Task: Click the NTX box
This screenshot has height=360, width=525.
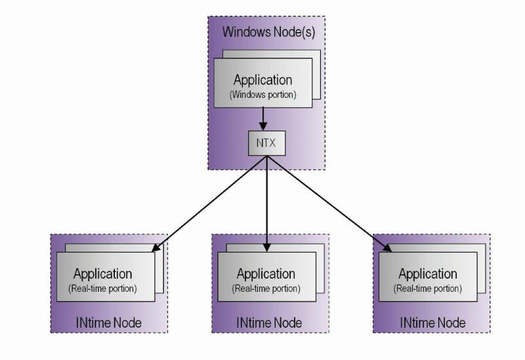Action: pyautogui.click(x=266, y=142)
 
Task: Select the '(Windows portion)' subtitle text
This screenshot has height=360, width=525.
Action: pyautogui.click(x=262, y=94)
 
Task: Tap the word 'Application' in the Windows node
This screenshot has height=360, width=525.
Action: pyautogui.click(x=262, y=80)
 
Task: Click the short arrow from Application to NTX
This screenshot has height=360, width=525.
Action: pyautogui.click(x=263, y=117)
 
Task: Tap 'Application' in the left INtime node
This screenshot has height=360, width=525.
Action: pyautogui.click(x=103, y=274)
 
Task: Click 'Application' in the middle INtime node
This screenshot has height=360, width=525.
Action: pyautogui.click(x=265, y=274)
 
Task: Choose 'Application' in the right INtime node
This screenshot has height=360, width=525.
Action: pyautogui.click(x=427, y=274)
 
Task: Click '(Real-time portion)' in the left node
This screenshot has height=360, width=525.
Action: pyautogui.click(x=103, y=289)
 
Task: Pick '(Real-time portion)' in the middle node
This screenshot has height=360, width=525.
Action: pyautogui.click(x=265, y=289)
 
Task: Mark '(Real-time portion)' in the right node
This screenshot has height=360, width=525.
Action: pyautogui.click(x=427, y=289)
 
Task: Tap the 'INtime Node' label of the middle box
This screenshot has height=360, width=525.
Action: pyautogui.click(x=269, y=323)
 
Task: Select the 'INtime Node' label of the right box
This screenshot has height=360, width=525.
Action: pyautogui.click(x=432, y=323)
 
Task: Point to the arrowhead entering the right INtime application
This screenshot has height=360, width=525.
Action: pyautogui.click(x=388, y=248)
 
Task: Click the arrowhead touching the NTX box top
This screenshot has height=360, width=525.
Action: pyautogui.click(x=263, y=127)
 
